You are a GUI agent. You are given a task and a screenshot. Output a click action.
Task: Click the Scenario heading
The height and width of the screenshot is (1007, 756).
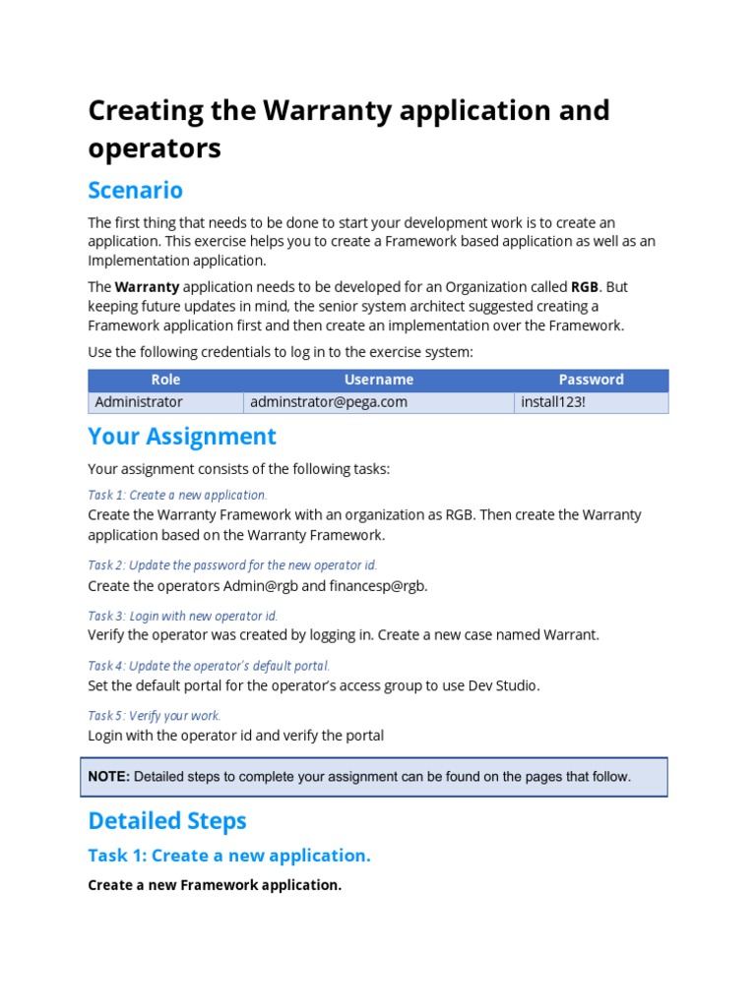tap(135, 189)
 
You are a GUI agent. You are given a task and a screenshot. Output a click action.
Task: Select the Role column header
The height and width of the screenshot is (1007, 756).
tap(165, 380)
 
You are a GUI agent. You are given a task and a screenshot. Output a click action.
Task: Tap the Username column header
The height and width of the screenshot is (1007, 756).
tap(378, 380)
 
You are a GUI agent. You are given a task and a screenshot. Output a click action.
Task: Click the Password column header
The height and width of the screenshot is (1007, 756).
tap(591, 380)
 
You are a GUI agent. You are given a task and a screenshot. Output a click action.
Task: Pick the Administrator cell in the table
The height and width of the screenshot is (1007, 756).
tap(139, 402)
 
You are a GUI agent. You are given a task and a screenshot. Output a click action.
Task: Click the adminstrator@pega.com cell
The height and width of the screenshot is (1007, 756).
tap(328, 402)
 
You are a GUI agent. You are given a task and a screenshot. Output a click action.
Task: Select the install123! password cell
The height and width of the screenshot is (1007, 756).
tap(552, 402)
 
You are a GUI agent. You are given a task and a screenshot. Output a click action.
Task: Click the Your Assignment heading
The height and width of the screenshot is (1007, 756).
tap(182, 436)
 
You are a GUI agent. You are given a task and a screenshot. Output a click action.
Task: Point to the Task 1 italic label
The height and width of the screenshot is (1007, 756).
tap(177, 495)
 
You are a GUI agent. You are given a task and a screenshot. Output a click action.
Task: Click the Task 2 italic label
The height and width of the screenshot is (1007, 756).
tap(232, 564)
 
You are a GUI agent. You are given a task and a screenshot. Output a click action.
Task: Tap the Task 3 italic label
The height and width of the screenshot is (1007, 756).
tap(182, 616)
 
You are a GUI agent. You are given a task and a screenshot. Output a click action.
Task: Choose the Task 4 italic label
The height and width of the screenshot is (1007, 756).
tap(209, 666)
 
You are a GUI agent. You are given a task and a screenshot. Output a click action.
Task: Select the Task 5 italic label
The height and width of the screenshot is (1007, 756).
tap(155, 716)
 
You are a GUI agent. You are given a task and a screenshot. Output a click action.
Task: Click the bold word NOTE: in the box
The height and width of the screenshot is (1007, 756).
tap(108, 777)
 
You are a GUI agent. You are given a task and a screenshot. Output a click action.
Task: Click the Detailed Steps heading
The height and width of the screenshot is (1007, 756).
tap(167, 820)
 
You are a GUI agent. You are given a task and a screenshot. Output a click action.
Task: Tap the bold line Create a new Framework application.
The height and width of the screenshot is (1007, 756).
tap(215, 885)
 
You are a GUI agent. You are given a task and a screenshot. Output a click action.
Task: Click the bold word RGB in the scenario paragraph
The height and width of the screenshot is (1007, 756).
tap(584, 287)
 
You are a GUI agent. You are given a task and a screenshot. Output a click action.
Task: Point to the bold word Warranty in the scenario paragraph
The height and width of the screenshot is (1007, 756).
tap(147, 287)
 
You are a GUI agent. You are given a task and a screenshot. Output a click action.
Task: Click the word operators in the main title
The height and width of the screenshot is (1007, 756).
tap(155, 148)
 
